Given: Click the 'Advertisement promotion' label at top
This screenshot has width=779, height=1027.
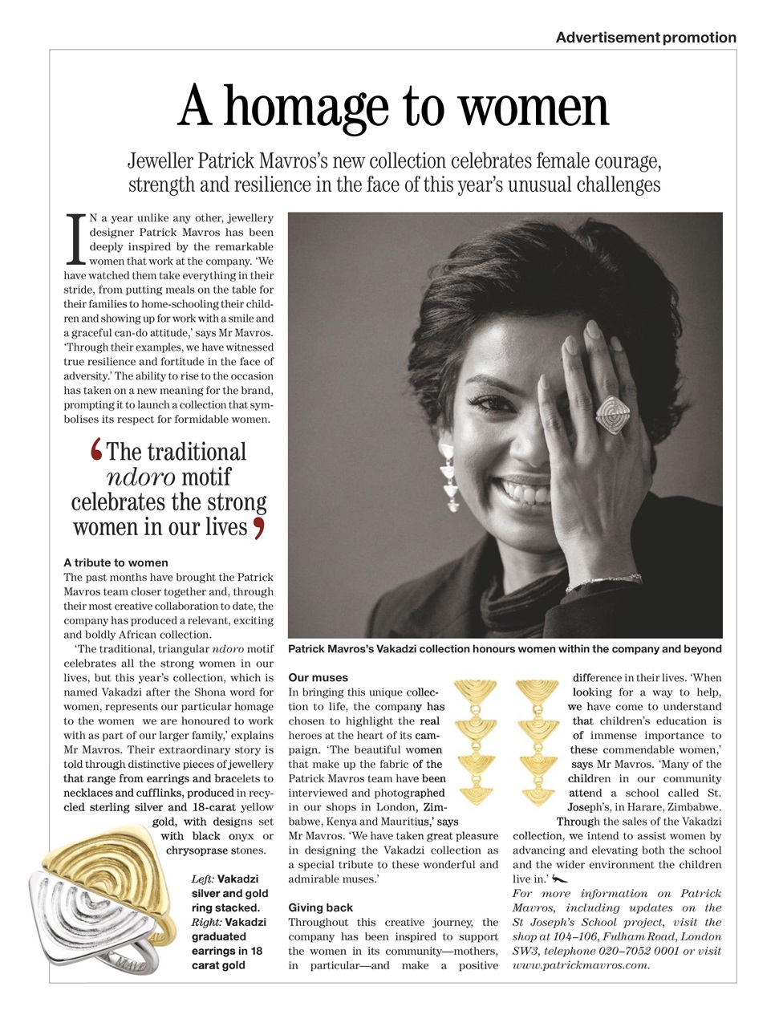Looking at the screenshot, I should [645, 38].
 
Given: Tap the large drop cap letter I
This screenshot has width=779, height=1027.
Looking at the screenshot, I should [75, 239].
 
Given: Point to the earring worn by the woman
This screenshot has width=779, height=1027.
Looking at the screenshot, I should [449, 478].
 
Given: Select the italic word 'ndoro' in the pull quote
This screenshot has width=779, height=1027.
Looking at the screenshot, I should [140, 477].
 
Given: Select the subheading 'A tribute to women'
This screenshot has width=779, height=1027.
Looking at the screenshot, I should [116, 562].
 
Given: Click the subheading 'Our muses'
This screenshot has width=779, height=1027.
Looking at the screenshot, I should [318, 677].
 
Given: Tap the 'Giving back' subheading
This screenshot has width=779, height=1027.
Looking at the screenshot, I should [320, 907].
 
